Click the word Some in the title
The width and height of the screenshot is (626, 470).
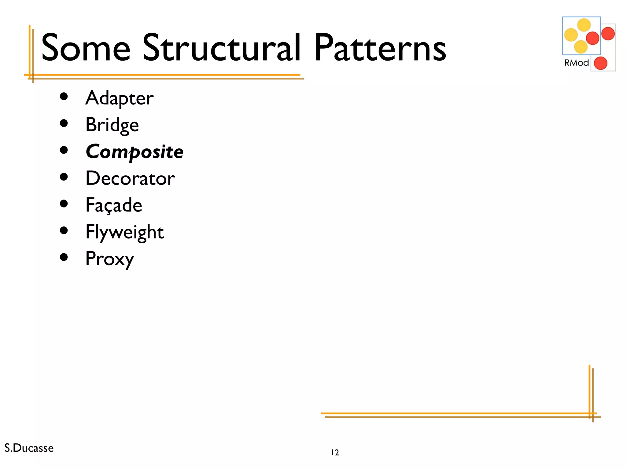pos(86,48)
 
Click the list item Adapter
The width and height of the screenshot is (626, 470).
pos(119,98)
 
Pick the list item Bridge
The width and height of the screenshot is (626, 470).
pos(112,125)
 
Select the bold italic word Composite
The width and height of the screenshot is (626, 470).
pos(134,152)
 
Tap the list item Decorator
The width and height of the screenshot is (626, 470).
pos(130,178)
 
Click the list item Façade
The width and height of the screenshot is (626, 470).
pos(114,205)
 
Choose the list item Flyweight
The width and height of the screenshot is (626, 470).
pos(124,232)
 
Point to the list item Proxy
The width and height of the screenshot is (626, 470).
pos(109,259)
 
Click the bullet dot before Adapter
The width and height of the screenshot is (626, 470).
pos(64,97)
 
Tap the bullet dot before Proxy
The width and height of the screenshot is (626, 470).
pos(64,257)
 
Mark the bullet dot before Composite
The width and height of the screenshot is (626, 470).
pos(64,150)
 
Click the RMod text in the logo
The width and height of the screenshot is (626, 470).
pos(576,63)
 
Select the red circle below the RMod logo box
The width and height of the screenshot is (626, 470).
pos(600,63)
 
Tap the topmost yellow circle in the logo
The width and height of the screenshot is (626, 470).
pos(584,25)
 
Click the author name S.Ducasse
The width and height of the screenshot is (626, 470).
pos(29,448)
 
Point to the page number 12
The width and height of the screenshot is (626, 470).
pos(335,453)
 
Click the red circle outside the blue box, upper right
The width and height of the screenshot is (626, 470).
pos(608,34)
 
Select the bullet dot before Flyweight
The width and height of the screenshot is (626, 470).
pos(64,230)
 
